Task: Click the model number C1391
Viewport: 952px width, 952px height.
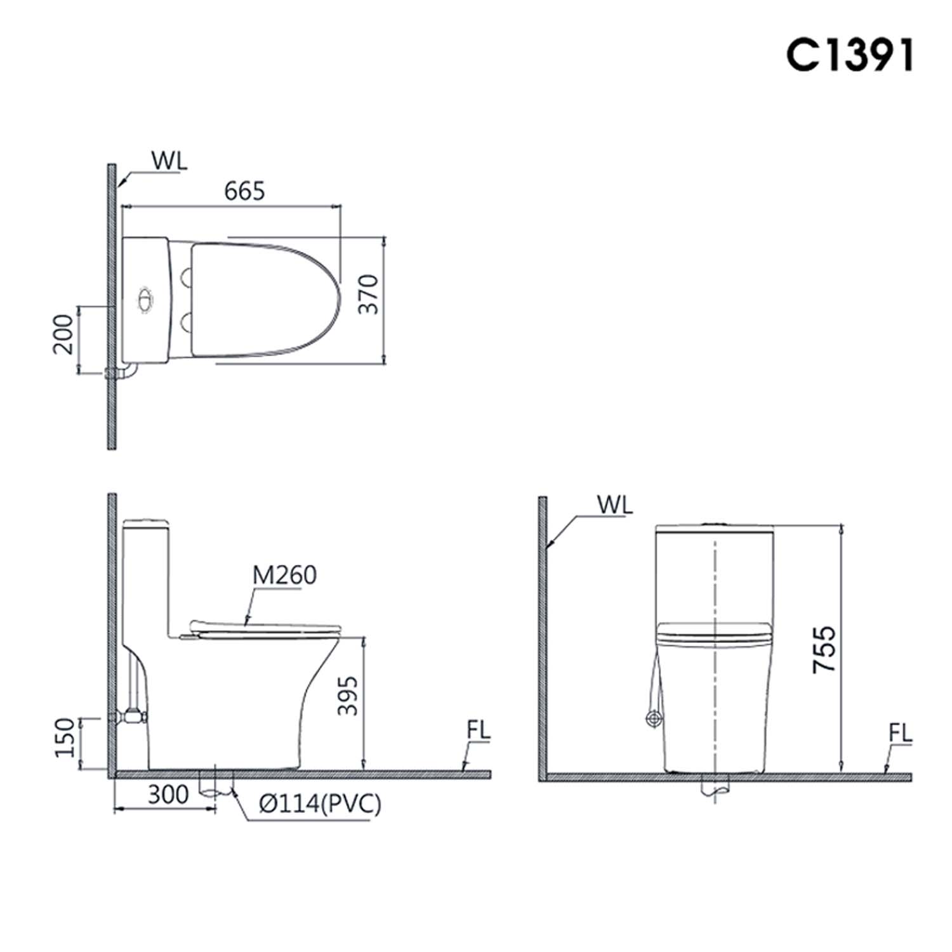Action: pos(850,55)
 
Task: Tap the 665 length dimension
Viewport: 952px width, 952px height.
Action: pos(244,190)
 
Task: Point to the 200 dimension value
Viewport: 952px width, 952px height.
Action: pos(63,334)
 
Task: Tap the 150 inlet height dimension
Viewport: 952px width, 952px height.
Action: pos(65,737)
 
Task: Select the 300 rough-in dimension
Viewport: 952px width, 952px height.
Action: pos(168,794)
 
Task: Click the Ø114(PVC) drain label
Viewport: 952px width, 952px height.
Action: pos(320,804)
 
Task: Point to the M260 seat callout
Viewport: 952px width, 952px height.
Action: pos(284,575)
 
